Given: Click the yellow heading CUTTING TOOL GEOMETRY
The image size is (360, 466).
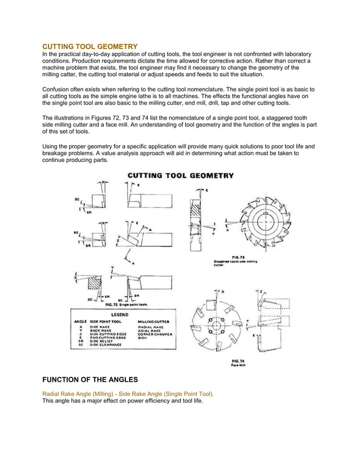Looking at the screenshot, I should (x=90, y=45).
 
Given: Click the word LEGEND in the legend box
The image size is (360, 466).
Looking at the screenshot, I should (x=119, y=314).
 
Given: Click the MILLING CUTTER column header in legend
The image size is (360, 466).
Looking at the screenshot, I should (x=154, y=321).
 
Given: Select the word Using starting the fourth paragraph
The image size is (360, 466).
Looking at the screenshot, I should (x=52, y=146).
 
